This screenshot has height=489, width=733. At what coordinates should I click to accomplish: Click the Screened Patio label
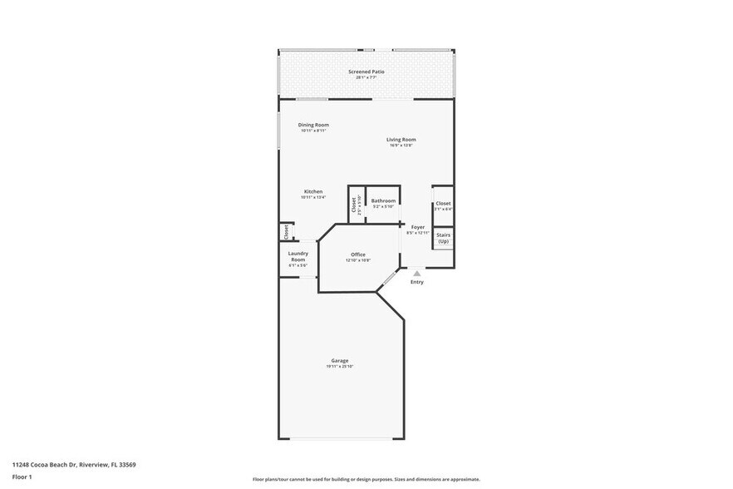366,72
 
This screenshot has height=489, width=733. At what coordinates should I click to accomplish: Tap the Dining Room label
313,125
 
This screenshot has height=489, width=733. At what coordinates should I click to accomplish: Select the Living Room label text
401,140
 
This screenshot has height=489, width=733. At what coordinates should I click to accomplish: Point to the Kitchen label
312,191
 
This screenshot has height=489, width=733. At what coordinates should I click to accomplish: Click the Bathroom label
383,200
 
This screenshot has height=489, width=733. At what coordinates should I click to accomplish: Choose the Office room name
358,254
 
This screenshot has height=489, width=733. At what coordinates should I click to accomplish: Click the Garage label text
339,361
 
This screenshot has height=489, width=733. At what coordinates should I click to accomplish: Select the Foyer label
417,227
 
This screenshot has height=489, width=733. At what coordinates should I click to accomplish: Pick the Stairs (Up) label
443,238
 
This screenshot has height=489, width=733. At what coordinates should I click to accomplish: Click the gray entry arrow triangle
417,271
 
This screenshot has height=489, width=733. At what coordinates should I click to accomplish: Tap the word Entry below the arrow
417,282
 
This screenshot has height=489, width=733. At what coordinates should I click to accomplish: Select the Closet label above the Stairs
443,203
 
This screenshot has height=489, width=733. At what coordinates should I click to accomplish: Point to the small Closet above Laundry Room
286,232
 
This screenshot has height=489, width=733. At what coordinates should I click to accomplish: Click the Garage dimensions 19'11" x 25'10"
339,367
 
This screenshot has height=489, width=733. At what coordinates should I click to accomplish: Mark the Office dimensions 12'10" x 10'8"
358,260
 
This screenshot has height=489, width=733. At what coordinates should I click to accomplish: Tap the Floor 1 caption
22,477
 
